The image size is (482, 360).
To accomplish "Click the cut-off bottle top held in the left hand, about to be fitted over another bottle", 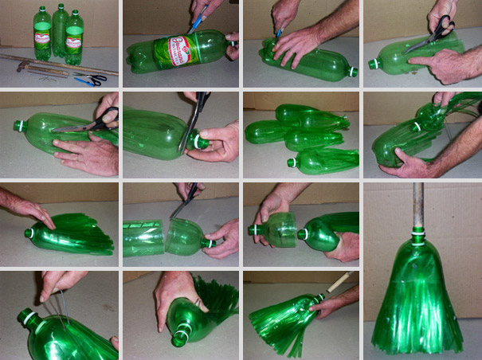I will tap(273, 229).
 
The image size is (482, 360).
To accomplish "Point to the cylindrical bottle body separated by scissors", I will tap(143, 237).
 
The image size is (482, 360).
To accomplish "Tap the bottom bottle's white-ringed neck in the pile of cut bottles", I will tap(292, 162).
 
